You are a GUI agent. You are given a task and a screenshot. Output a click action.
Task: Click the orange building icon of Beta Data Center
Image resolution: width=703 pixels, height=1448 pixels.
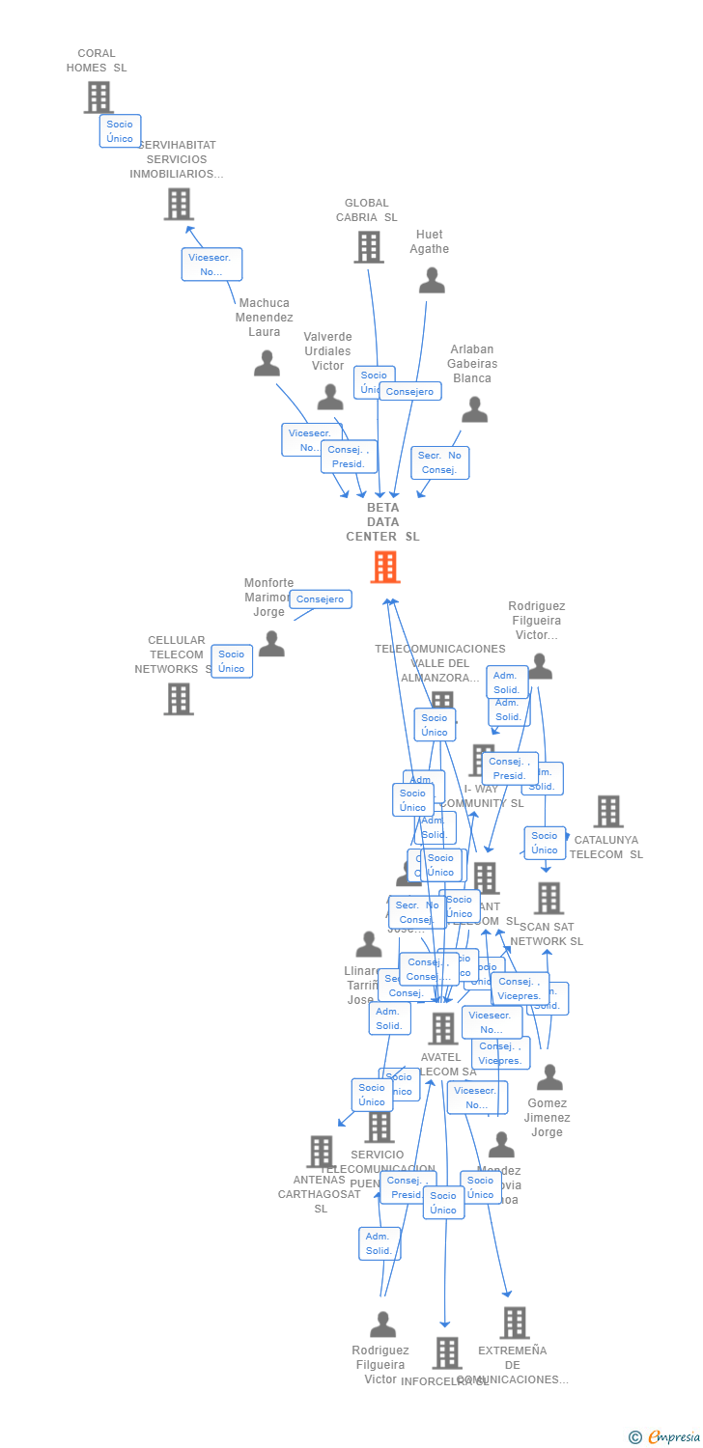pos(385,567)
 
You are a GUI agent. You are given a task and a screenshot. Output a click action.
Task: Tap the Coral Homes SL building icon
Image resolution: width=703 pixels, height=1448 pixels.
pos(98,97)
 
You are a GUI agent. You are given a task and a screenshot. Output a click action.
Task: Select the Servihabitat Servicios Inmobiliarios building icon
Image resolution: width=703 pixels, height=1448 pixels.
pos(179,204)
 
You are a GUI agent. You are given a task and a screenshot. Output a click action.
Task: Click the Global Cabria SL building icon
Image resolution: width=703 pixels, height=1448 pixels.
pos(368,247)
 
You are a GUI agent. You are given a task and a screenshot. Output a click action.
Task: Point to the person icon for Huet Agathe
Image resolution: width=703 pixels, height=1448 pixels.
pos(432,280)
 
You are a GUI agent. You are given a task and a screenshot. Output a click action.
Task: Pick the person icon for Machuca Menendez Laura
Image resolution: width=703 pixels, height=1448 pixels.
pos(267,364)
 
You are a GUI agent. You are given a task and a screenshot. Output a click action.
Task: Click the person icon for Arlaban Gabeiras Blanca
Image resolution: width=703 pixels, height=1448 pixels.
pos(474,410)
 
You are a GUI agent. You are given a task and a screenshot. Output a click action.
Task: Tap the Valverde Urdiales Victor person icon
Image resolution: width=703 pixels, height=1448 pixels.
pos(330,397)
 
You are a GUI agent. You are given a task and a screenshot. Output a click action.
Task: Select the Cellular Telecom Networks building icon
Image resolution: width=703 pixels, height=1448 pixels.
pos(179,698)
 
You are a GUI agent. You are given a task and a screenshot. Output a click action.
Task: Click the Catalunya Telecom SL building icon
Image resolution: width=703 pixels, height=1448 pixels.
pos(607,812)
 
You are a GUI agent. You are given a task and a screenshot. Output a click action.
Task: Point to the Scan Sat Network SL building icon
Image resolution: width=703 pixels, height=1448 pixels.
pos(548,898)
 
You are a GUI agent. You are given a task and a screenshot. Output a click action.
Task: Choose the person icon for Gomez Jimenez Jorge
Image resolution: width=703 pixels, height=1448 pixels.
pos(548,1076)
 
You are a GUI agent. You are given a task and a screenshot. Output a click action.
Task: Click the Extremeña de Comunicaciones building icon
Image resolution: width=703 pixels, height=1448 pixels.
pos(515,1323)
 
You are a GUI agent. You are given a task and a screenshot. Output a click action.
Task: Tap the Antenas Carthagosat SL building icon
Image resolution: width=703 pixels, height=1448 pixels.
pos(321,1151)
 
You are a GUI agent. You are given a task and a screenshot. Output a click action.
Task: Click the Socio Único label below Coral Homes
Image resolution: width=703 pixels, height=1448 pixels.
pos(120,131)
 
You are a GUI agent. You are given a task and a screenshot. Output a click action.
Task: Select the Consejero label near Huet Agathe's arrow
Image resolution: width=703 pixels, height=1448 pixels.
pos(410,391)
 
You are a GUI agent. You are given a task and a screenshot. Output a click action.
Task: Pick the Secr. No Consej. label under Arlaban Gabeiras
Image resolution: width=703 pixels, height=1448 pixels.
pos(439,462)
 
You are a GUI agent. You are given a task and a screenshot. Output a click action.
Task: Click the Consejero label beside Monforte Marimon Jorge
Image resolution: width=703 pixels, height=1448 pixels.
pos(320,599)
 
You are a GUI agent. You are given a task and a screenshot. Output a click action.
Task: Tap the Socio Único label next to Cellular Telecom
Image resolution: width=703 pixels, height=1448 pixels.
pos(232,661)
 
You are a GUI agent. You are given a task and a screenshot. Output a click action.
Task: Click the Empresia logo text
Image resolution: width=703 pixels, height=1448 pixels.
pos(673,1437)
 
